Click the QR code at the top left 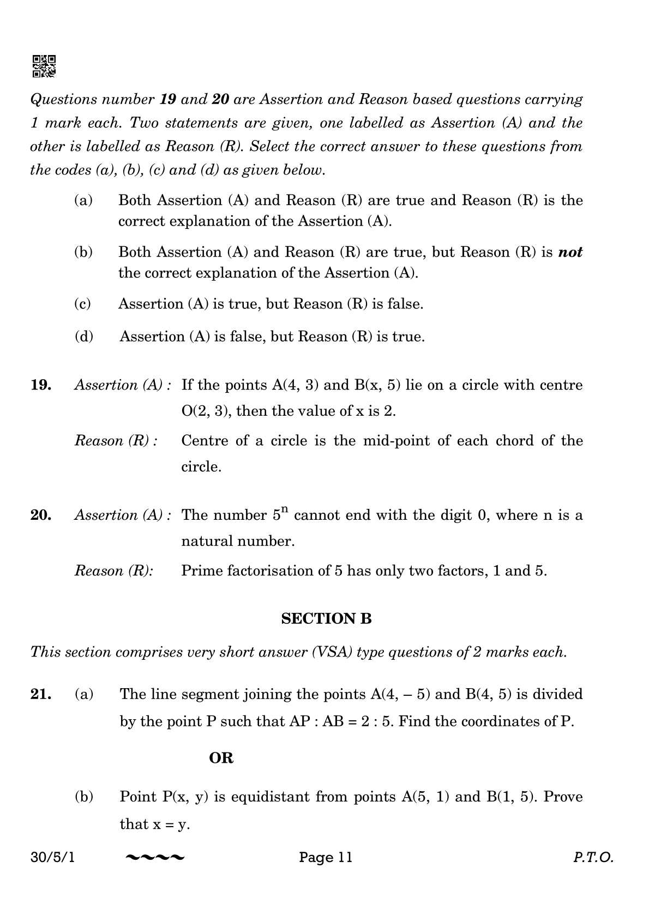coord(44,66)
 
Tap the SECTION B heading coord(326,618)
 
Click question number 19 coord(41,385)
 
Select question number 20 coord(41,515)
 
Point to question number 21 coord(41,694)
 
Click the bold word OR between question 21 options coord(221,758)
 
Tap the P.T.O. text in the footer coord(593,858)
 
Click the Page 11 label coord(326,858)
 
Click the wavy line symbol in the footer coord(155,858)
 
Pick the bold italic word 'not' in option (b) coord(570,252)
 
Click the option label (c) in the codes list coord(82,304)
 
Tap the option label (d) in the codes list coord(83,337)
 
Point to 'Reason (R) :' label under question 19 coord(116,441)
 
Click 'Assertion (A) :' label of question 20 coord(123,515)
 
